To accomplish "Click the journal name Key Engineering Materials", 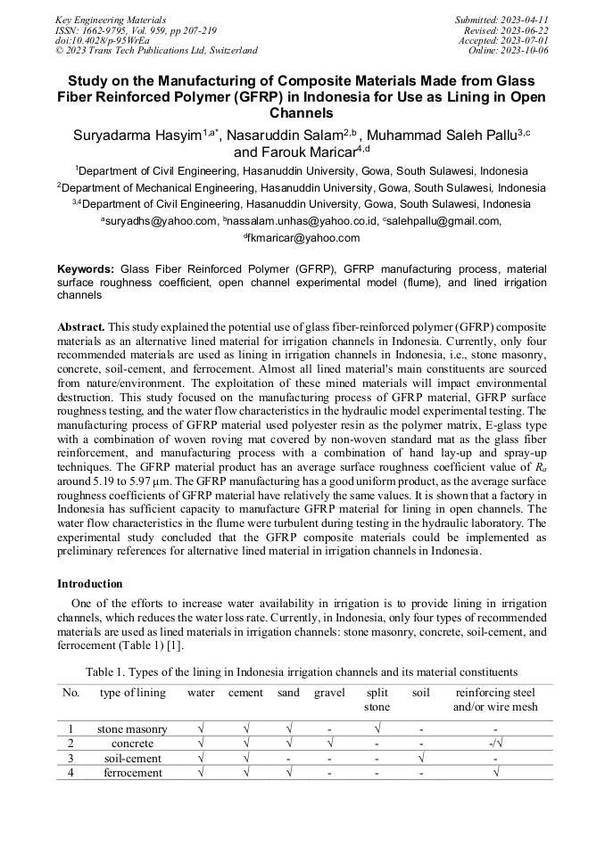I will click(111, 19).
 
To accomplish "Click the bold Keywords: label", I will click(86, 268).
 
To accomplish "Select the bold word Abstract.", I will click(81, 328).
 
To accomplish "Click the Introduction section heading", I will click(89, 584).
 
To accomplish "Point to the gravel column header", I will click(329, 693).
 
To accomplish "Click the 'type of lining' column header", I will click(132, 693).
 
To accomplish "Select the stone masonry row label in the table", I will click(132, 728).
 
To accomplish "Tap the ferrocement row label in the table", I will click(132, 772).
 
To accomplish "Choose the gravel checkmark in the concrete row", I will click(329, 743).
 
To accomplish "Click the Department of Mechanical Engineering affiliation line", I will click(302, 188).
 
